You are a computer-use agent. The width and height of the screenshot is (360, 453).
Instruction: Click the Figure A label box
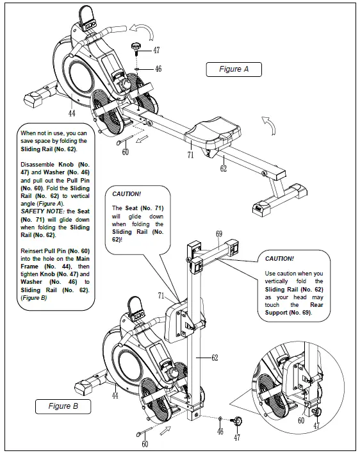(234, 69)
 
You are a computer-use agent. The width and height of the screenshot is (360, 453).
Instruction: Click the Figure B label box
(63, 406)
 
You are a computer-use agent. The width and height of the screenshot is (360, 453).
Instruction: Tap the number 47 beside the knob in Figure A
(157, 49)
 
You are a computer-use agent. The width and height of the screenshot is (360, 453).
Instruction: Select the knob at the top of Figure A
(136, 47)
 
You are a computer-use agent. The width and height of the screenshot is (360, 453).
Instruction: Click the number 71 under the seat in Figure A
(190, 155)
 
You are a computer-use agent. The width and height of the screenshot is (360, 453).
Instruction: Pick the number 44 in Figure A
(72, 113)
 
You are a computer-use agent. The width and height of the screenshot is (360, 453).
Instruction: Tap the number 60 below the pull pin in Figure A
(125, 152)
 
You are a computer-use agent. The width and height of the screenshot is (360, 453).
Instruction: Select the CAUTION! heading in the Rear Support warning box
(279, 258)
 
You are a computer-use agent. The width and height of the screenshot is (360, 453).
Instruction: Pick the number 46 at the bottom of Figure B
(221, 432)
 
